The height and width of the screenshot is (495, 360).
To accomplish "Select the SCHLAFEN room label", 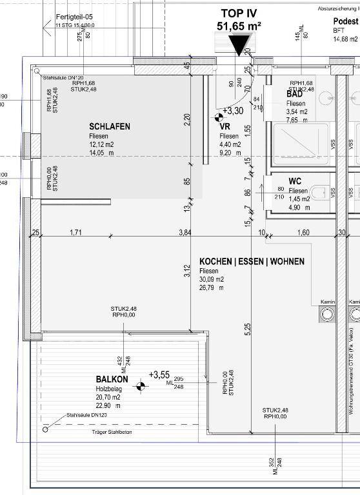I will (x=109, y=127).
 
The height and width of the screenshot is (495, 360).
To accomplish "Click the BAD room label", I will (x=295, y=94).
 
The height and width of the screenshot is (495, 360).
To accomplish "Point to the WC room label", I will (x=295, y=181).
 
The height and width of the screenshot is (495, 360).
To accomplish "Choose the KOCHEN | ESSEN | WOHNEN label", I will (x=252, y=262).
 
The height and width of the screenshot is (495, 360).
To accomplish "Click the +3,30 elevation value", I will (x=234, y=111).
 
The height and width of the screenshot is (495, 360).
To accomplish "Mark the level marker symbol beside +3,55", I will (x=139, y=387).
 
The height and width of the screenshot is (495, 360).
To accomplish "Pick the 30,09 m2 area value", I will (x=212, y=280).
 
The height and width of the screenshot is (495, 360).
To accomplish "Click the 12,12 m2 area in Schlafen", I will (x=101, y=145).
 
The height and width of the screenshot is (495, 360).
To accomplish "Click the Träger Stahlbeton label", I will (x=111, y=432).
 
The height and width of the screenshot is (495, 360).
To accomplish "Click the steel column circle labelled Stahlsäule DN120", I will (x=45, y=429).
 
